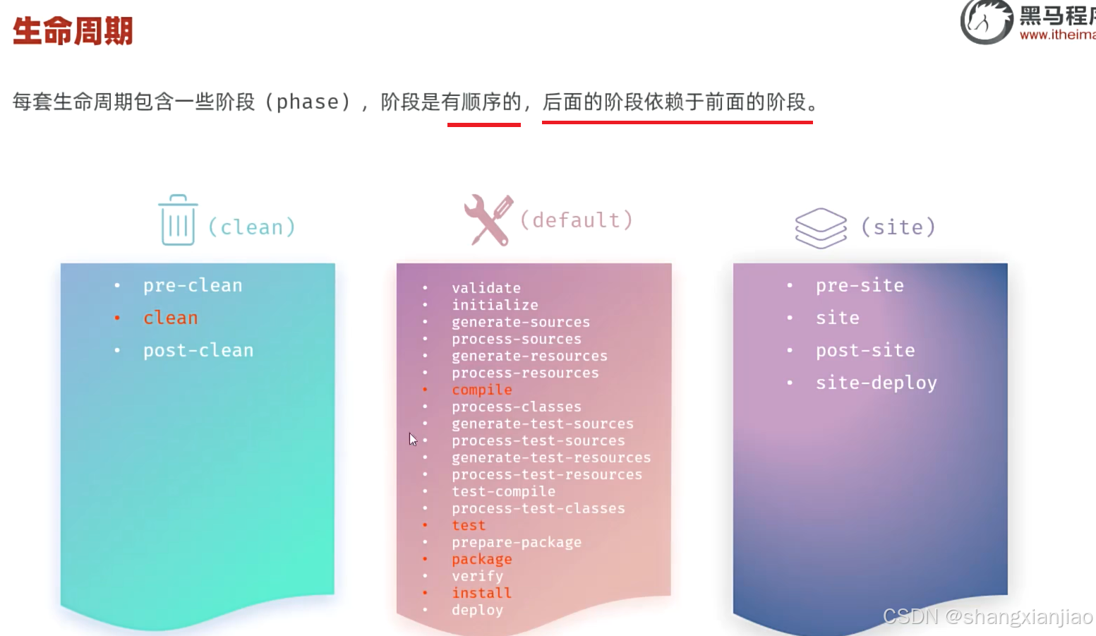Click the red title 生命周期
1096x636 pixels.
click(x=73, y=31)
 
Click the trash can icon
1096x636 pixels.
click(x=178, y=220)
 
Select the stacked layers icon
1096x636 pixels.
click(x=820, y=227)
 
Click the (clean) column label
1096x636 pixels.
click(x=251, y=227)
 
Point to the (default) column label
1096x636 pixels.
click(x=576, y=220)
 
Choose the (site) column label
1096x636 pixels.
click(x=898, y=227)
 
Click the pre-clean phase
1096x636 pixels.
click(x=193, y=285)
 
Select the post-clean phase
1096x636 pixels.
click(x=198, y=350)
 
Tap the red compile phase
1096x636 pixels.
click(x=482, y=390)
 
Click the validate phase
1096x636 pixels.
click(x=486, y=288)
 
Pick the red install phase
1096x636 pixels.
click(x=481, y=593)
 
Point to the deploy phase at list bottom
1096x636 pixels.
click(x=478, y=610)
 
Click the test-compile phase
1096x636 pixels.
click(x=504, y=491)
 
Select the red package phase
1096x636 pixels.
click(x=482, y=559)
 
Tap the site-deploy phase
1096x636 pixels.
click(x=877, y=383)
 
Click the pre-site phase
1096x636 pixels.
click(x=860, y=285)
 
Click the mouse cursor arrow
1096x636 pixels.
click(x=413, y=439)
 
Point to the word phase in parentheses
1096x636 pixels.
click(x=308, y=102)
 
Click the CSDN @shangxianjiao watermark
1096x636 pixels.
click(x=987, y=616)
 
